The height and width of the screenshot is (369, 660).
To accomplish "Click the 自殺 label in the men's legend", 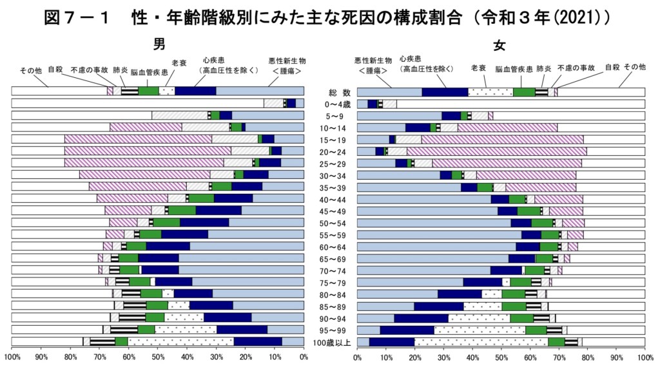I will click(55, 68).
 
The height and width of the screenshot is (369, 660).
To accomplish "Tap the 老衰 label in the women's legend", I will click(478, 68).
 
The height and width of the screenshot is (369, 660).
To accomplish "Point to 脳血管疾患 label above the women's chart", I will click(514, 68).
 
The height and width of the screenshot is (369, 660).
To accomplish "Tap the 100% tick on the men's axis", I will click(12, 356).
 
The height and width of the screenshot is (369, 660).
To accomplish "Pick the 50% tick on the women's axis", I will click(501, 356).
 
